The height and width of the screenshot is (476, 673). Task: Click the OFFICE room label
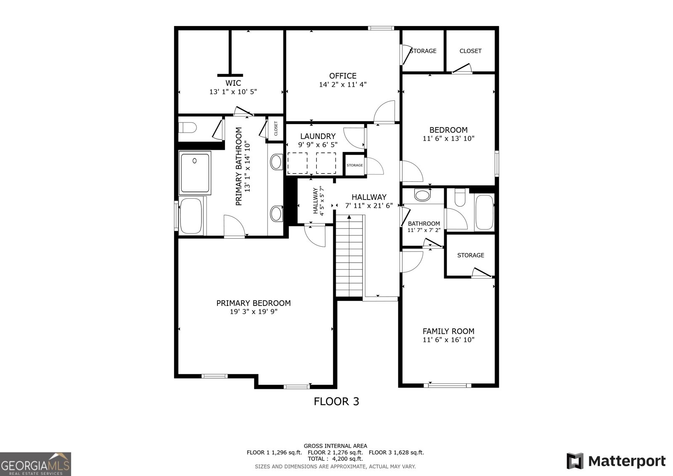pyautogui.click(x=342, y=76)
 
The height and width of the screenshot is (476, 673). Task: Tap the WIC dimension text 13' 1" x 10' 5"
pyautogui.click(x=233, y=91)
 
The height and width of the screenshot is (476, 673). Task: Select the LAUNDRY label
pyautogui.click(x=318, y=136)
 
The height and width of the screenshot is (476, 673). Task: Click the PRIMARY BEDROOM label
pyautogui.click(x=253, y=303)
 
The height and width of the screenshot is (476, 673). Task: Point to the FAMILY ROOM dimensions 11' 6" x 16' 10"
pyautogui.click(x=448, y=340)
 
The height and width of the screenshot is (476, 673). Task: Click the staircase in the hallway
pyautogui.click(x=349, y=256)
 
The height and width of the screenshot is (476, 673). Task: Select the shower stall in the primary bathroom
pyautogui.click(x=195, y=173)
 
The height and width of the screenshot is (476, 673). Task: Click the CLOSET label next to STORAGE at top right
pyautogui.click(x=470, y=51)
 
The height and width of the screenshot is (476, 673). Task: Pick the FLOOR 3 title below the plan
pyautogui.click(x=336, y=402)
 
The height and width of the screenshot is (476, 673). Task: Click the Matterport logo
pyautogui.click(x=616, y=461)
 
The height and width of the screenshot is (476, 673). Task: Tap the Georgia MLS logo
pyautogui.click(x=35, y=464)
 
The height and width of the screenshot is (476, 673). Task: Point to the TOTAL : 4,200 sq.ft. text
pyautogui.click(x=335, y=459)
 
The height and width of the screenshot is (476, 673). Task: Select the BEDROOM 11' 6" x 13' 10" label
pyautogui.click(x=448, y=134)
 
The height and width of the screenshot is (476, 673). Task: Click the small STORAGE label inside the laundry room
pyautogui.click(x=355, y=165)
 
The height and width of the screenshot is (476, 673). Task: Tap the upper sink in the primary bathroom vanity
pyautogui.click(x=276, y=162)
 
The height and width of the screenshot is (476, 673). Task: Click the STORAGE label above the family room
pyautogui.click(x=471, y=255)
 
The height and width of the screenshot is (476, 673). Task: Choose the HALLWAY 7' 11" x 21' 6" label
pyautogui.click(x=369, y=201)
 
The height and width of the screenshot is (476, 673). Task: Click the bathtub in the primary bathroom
pyautogui.click(x=191, y=216)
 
